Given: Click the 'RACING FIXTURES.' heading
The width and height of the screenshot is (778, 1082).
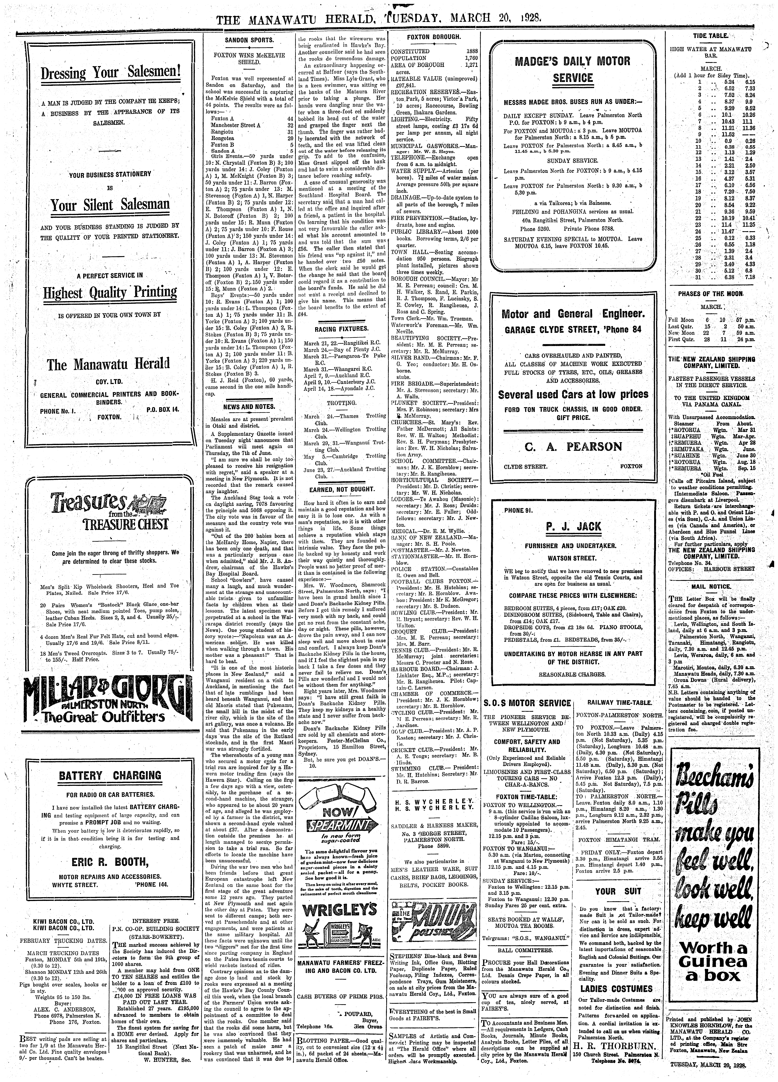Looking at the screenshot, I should [341, 329].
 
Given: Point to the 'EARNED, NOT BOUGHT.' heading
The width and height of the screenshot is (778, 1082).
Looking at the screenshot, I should [341, 489].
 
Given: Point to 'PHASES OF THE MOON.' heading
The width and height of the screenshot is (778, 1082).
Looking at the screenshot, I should [711, 294].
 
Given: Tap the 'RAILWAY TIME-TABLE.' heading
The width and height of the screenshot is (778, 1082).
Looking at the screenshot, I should [619, 703].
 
